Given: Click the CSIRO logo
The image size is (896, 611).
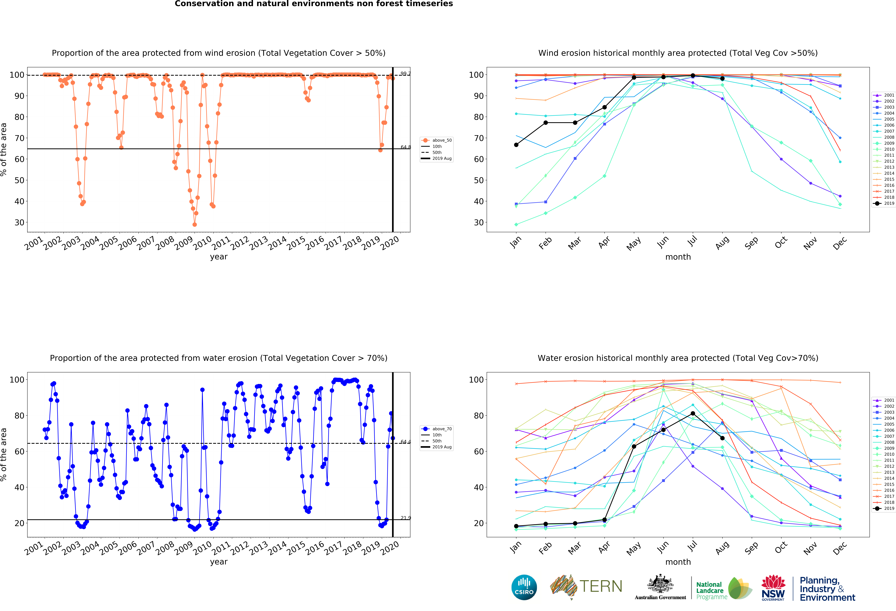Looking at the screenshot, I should coord(524,587).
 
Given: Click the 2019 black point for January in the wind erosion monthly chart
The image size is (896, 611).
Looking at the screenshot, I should coord(516,145).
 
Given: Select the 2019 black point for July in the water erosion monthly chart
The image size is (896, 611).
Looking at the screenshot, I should coord(693,414).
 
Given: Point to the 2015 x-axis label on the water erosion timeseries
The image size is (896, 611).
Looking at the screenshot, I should coord(296,548).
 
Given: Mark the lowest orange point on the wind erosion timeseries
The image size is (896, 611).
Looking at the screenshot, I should coord(195,224).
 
